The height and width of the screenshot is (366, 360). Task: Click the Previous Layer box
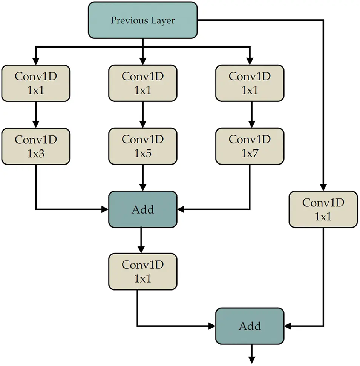click(x=143, y=20)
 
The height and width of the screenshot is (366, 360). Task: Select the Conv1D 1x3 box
click(x=36, y=146)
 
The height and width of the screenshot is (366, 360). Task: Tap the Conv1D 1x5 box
click(x=143, y=146)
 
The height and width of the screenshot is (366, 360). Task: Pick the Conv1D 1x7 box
click(x=250, y=146)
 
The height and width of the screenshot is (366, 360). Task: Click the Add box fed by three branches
click(x=143, y=209)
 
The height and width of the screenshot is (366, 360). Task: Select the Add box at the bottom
click(x=250, y=326)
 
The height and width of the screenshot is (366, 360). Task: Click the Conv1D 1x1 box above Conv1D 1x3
click(x=36, y=83)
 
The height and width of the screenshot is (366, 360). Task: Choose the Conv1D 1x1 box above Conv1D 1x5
click(x=143, y=83)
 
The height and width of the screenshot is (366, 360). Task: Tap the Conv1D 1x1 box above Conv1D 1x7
click(x=250, y=83)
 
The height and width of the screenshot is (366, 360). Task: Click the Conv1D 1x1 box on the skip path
click(x=323, y=209)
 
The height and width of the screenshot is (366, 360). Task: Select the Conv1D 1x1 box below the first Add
click(x=143, y=272)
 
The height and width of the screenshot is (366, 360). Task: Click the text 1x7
click(x=250, y=153)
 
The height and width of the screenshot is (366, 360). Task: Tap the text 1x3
click(x=36, y=153)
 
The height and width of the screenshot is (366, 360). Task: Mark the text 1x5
click(x=143, y=153)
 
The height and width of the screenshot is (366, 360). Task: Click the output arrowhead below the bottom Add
click(x=252, y=360)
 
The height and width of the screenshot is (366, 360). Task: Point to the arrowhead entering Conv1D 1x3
click(x=36, y=124)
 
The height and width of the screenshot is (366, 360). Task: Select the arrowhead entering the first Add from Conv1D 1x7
click(x=181, y=209)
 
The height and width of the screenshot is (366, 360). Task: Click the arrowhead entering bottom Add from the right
click(x=288, y=326)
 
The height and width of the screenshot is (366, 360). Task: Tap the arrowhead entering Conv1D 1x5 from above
click(x=143, y=124)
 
